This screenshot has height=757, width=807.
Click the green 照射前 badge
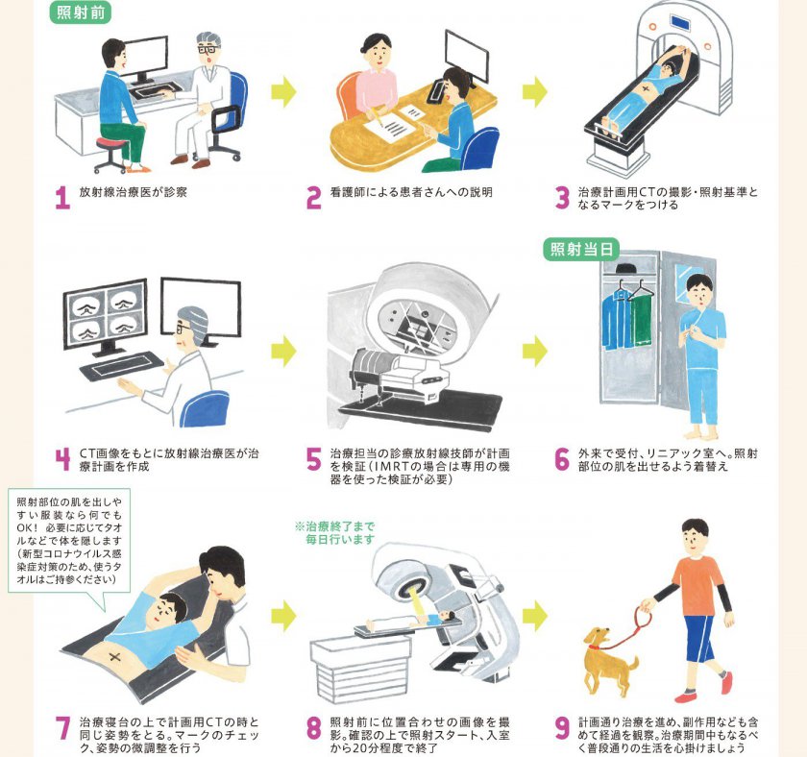click(80, 12)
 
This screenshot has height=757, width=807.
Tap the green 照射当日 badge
click(581, 250)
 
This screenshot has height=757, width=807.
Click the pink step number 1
click(62, 198)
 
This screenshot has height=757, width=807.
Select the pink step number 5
click(313, 459)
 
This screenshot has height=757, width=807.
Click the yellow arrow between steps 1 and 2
click(284, 91)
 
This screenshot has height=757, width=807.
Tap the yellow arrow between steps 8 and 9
click(535, 615)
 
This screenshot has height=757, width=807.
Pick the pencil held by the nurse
click(378, 119)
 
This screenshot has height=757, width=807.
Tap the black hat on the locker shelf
click(625, 268)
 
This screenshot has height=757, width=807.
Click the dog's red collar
click(595, 647)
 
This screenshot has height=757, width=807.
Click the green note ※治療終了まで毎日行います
click(335, 532)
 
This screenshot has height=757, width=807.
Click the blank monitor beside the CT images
click(201, 307)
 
